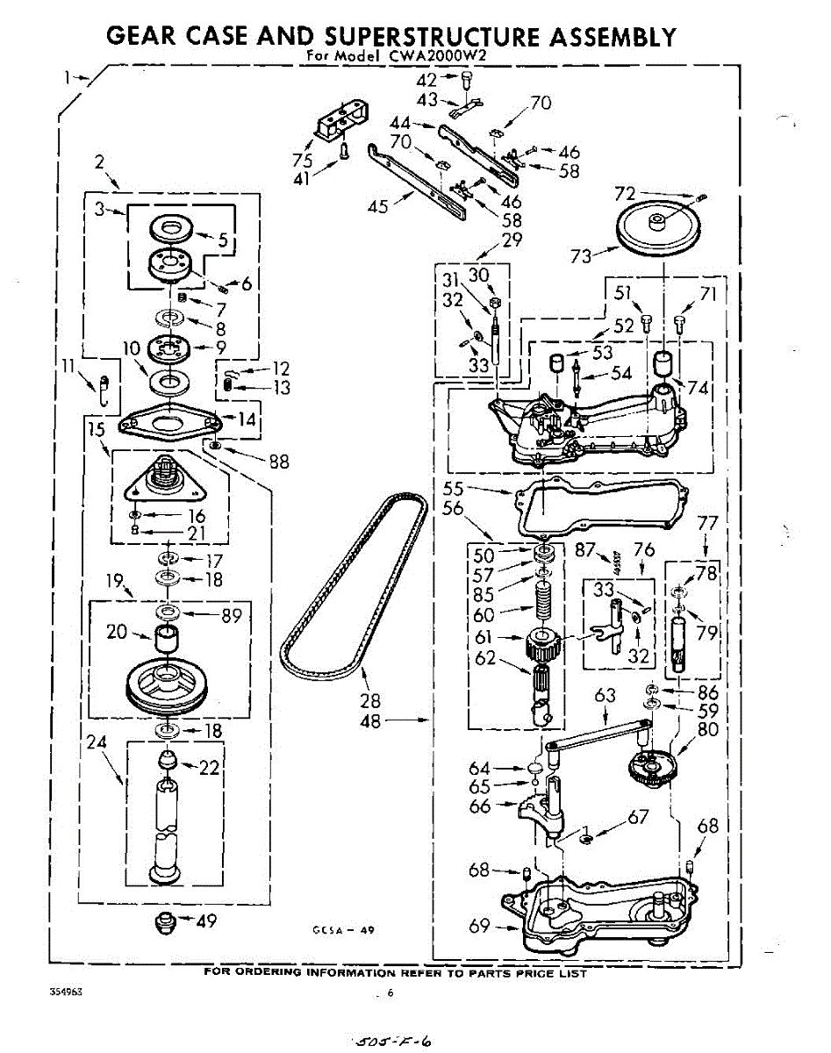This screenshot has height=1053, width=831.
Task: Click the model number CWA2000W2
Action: click(451, 56)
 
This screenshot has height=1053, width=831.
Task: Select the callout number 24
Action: click(97, 742)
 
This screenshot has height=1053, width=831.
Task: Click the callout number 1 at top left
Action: click(67, 76)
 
